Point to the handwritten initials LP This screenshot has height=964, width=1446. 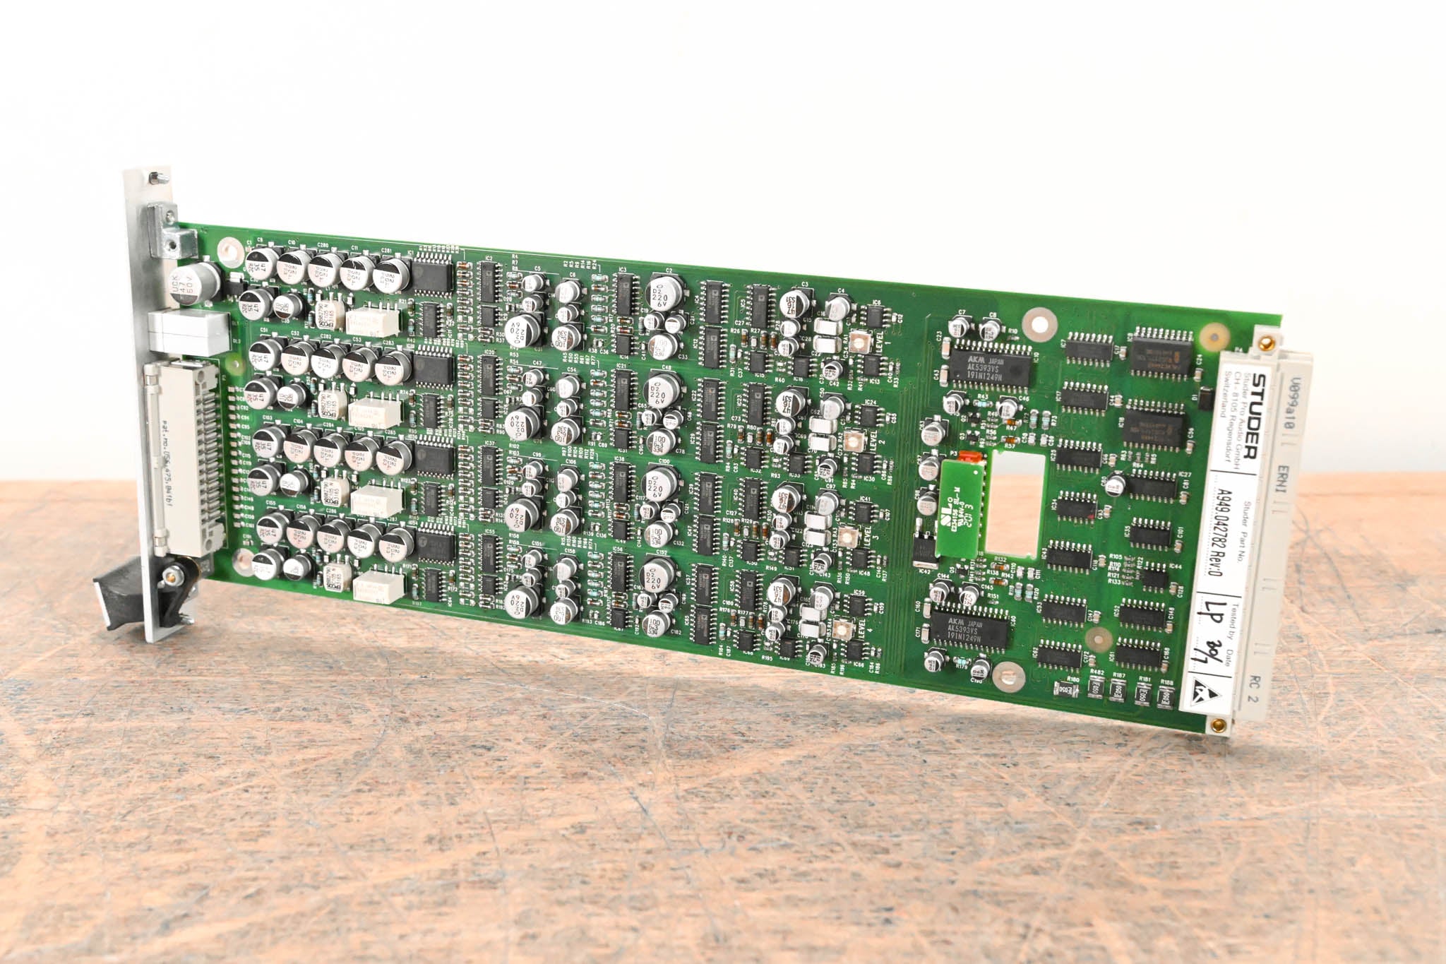coord(1215,614)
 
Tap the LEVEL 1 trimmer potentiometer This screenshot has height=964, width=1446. coord(858,343)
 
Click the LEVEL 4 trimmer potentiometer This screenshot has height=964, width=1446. coord(840,629)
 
